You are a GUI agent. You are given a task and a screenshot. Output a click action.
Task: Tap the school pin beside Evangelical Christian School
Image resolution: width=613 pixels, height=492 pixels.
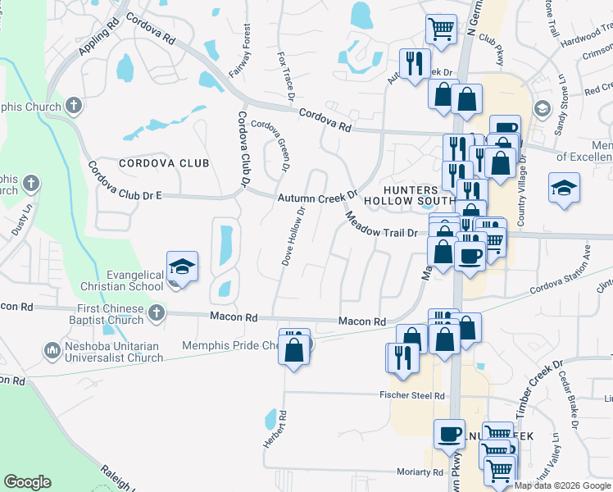coord(182,267)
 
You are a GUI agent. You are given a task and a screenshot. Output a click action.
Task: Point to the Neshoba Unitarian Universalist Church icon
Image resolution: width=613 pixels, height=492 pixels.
coord(52,351)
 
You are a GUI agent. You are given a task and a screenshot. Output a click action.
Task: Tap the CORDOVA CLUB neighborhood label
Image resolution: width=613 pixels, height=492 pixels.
coord(164,163)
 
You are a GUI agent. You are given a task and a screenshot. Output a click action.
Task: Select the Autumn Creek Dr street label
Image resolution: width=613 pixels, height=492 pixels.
coord(317,198)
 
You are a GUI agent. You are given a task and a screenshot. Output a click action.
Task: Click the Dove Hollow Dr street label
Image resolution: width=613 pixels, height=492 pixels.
coord(294,236)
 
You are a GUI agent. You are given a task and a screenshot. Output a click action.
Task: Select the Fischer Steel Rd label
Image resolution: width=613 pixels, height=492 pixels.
coord(411,396)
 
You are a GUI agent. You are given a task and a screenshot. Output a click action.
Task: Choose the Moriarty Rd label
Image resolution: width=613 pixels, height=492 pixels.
coord(420,472)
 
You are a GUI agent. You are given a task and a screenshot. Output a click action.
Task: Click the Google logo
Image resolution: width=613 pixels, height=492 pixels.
coord(28,482)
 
